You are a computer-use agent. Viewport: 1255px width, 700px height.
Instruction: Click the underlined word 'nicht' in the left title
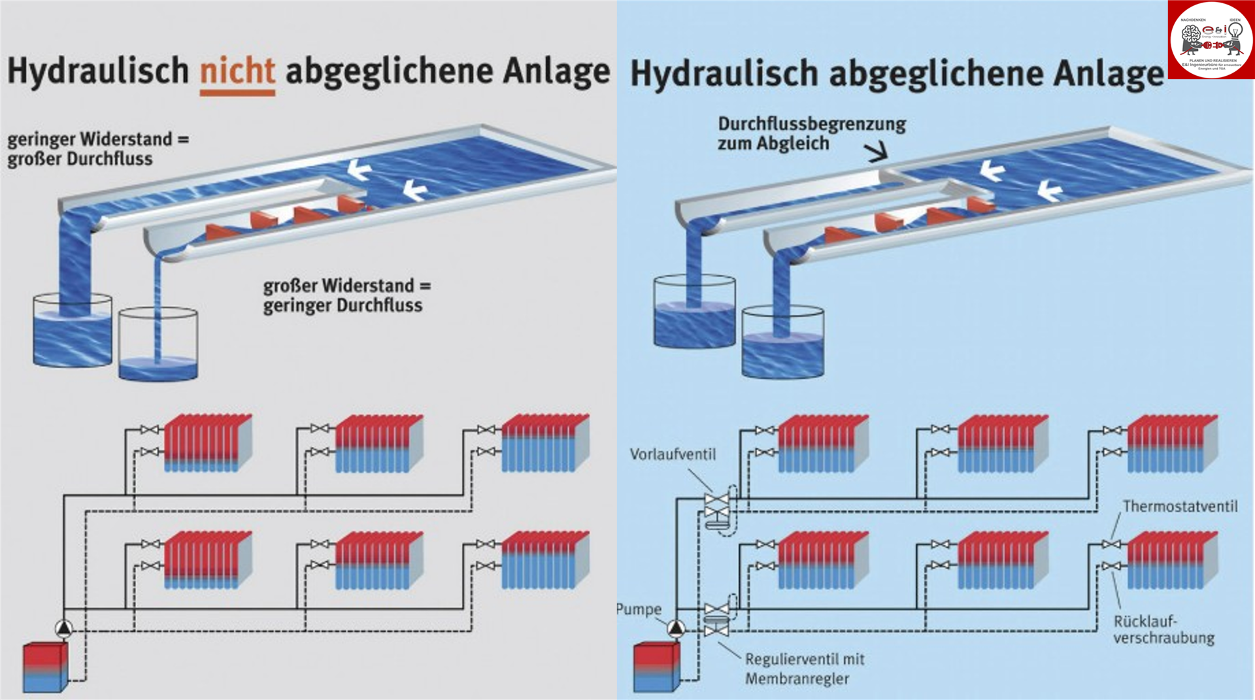point(237,71)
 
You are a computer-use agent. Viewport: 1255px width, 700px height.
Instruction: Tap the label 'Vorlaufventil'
point(673,454)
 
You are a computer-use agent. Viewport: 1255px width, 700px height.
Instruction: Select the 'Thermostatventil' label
point(1180,506)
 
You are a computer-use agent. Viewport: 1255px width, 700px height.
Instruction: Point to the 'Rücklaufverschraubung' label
point(1163,629)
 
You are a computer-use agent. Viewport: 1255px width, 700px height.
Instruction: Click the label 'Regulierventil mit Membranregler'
point(804,669)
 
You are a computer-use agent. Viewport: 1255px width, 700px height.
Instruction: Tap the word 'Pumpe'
point(639,609)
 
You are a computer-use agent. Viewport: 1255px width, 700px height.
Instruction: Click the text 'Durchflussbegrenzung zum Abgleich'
point(811,133)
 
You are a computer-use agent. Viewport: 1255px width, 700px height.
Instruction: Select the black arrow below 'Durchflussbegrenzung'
point(877,153)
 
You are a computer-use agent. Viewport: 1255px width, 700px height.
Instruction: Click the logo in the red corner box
point(1211,39)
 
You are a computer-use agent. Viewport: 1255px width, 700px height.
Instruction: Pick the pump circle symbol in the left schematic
point(64,628)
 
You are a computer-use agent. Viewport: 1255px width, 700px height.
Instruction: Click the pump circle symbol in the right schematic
point(676,628)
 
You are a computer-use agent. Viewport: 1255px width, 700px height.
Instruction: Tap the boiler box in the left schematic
point(44,667)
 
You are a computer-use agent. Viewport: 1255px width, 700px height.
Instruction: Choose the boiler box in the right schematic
point(656,667)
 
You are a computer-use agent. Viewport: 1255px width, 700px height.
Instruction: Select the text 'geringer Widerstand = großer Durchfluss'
point(98,149)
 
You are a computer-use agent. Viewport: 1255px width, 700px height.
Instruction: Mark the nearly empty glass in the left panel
point(158,344)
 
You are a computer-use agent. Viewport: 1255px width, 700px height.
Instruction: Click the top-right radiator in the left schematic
point(545,443)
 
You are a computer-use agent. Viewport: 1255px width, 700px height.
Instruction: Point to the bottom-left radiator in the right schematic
point(822,560)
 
